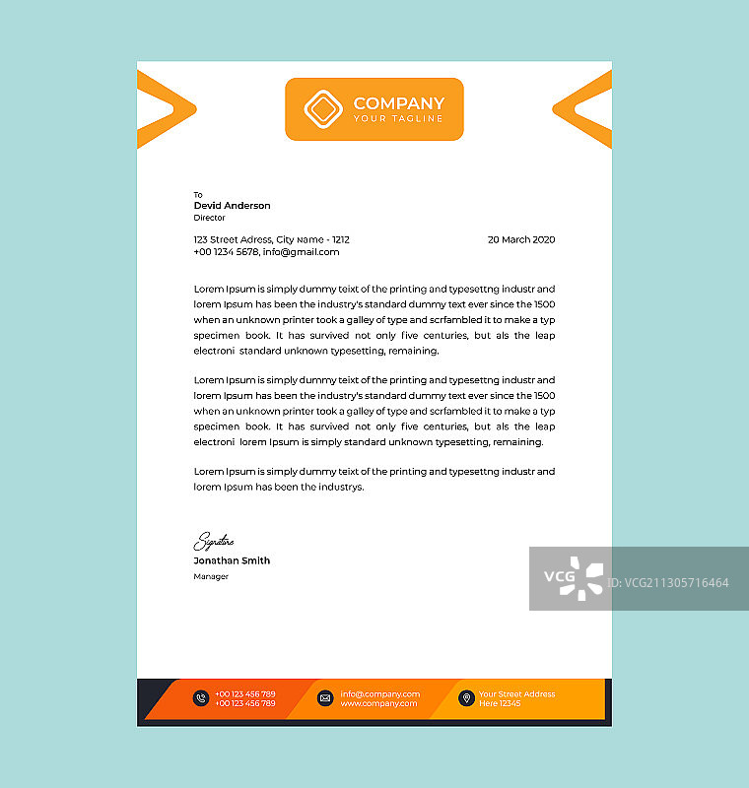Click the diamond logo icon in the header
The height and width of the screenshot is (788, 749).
321,109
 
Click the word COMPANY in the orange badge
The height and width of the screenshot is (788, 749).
398,103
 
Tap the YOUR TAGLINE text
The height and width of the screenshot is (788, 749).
398,119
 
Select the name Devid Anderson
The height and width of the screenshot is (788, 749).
232,206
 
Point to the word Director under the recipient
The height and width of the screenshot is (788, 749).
209,218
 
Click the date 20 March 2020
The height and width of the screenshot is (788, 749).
521,239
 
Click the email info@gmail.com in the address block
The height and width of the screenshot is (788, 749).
301,252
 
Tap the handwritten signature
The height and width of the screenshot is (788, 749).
213,541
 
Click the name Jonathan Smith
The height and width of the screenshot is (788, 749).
232,560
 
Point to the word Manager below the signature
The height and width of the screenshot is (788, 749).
211,576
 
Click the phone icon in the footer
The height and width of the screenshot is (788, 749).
201,698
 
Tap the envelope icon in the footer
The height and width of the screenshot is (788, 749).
325,698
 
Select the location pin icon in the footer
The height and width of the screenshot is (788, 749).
466,698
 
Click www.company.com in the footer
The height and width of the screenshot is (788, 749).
379,703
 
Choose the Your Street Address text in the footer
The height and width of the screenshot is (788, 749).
516,693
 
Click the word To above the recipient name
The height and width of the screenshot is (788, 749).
198,195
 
